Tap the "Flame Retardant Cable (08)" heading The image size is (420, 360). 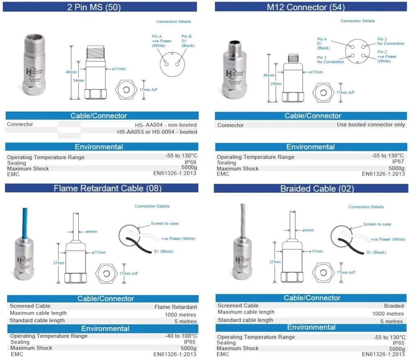(x=107, y=188)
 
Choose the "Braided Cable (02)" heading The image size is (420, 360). (x=317, y=189)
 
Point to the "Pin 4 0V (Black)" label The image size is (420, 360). (x=324, y=44)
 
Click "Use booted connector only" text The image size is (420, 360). (x=370, y=125)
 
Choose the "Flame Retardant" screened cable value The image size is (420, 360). (x=176, y=307)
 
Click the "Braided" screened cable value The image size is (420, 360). (x=394, y=305)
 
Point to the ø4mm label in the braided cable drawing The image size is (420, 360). (x=308, y=230)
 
